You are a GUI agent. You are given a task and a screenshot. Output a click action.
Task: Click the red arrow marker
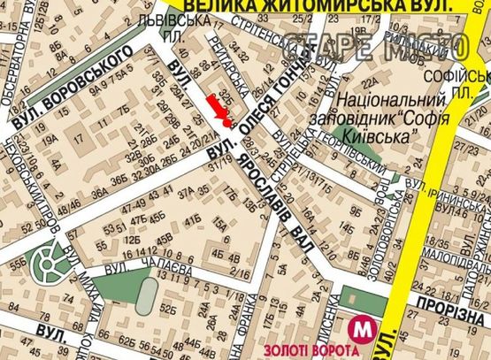click(221, 111)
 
